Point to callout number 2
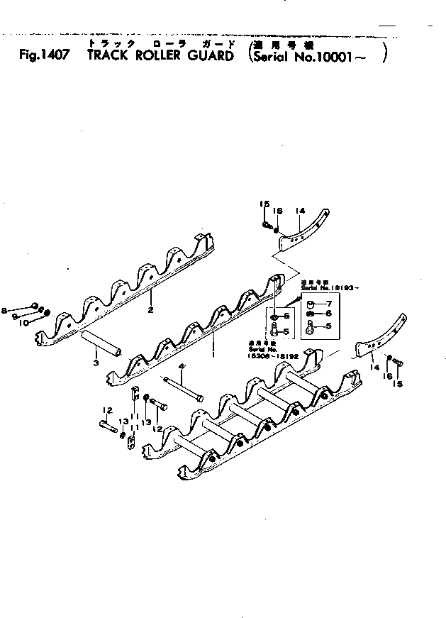click(150, 310)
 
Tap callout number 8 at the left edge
click(5, 310)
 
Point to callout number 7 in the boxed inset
click(328, 303)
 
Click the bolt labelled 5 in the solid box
click(310, 327)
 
